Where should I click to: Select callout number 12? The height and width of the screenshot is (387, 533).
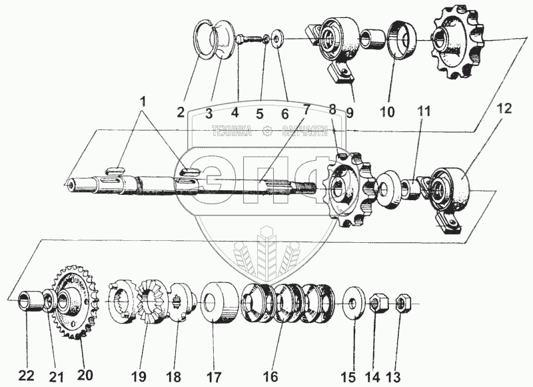tap(504, 109)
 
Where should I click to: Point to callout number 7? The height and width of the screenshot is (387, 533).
tap(306, 109)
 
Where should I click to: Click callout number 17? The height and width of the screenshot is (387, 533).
tap(212, 376)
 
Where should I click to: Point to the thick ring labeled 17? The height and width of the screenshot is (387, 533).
tap(217, 304)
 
